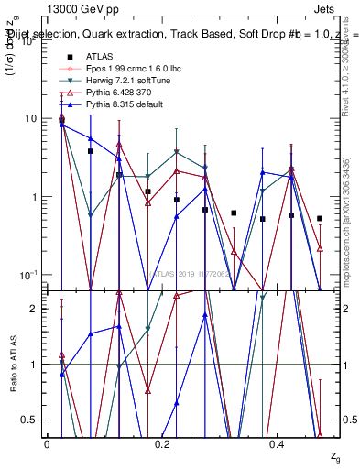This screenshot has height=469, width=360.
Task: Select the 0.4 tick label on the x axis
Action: [x=278, y=443]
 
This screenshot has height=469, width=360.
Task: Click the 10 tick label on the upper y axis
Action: [x=31, y=119]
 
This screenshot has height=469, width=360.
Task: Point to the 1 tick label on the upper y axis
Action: [x=34, y=197]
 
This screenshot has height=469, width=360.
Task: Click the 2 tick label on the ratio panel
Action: [x=34, y=309]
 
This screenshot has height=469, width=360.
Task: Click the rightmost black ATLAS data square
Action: [x=320, y=218]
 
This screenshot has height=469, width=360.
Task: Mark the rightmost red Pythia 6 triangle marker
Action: [x=320, y=248]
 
